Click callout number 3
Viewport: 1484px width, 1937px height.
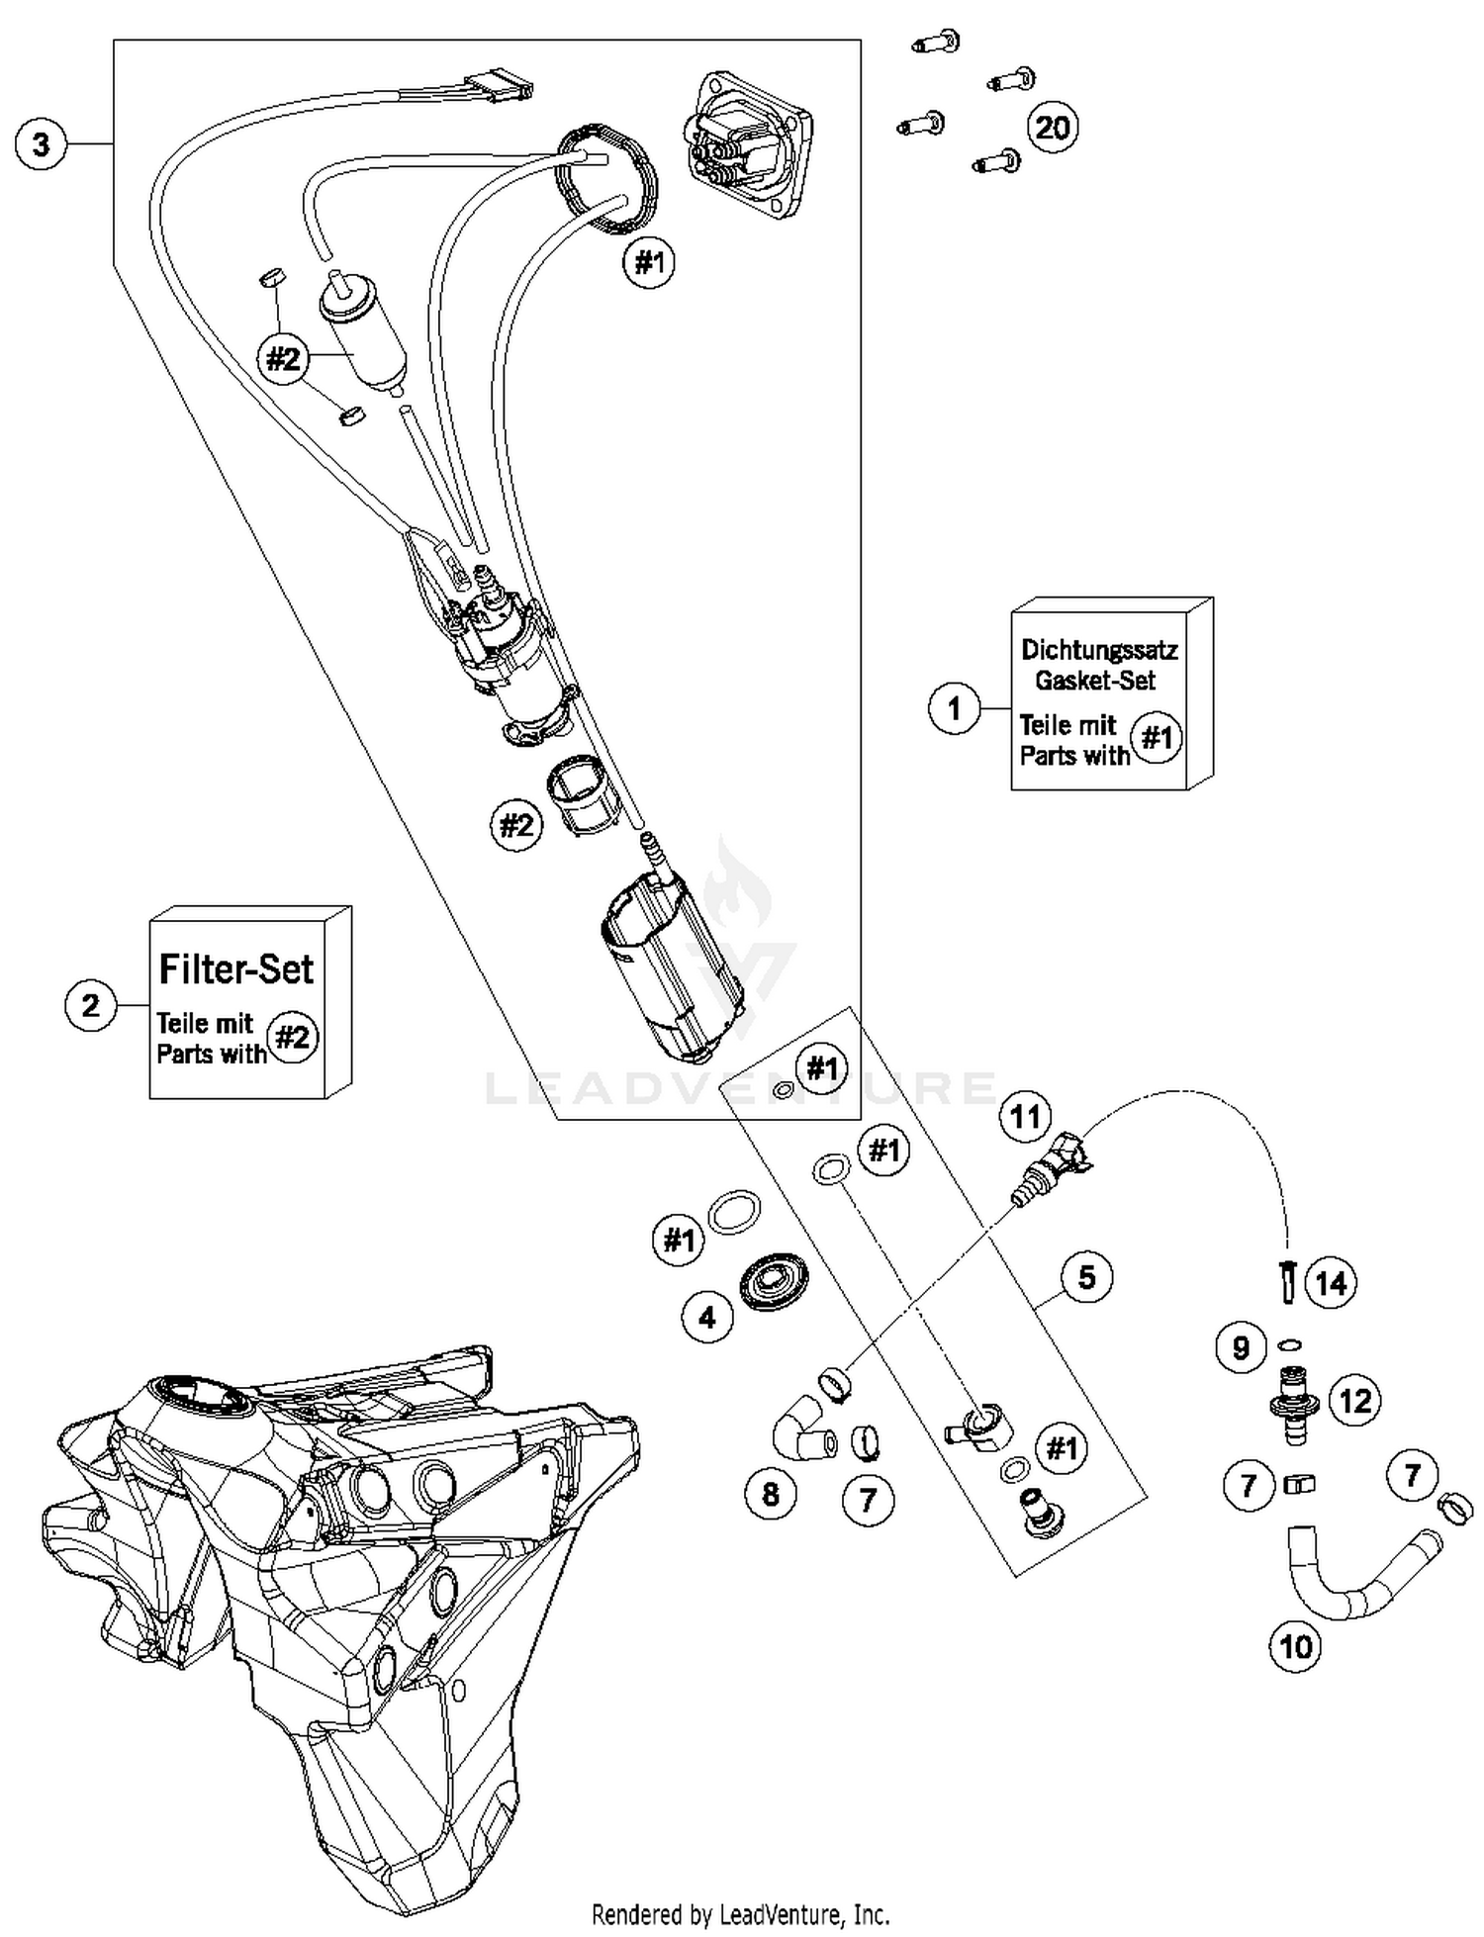point(41,144)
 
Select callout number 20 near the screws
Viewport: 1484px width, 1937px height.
point(1053,128)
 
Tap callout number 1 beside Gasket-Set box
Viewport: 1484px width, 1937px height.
point(954,708)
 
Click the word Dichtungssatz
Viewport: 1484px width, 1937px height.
point(1098,650)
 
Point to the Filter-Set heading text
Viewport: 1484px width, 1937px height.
point(236,968)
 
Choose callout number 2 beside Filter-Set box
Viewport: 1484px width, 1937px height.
point(91,1006)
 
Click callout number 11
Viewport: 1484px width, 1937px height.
point(1025,1116)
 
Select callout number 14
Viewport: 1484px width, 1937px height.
point(1332,1283)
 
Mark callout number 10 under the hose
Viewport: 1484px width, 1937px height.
point(1295,1647)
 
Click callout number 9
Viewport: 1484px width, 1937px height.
point(1241,1347)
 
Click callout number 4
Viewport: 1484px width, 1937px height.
point(706,1318)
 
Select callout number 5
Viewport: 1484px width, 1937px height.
point(1086,1277)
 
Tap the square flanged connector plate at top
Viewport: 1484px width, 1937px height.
point(748,143)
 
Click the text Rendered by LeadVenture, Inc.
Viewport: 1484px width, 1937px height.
point(740,1914)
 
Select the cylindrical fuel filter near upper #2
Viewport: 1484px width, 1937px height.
point(363,333)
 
